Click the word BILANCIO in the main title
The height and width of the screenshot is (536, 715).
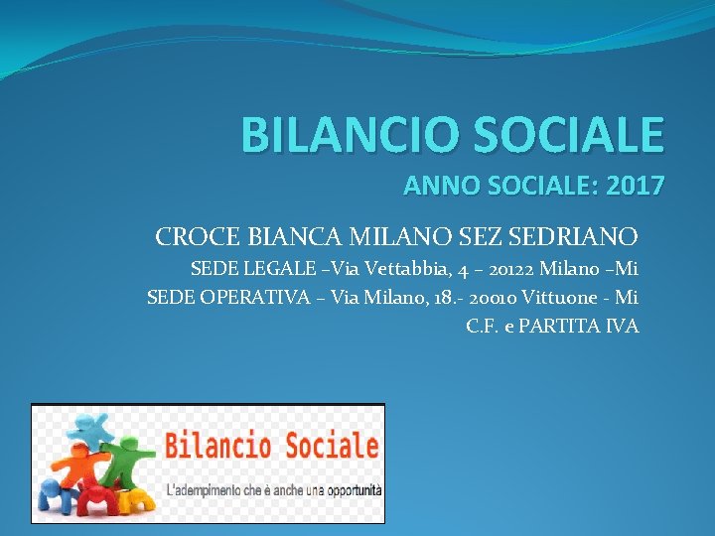click(339, 135)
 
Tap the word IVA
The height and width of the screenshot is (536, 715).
click(624, 325)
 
